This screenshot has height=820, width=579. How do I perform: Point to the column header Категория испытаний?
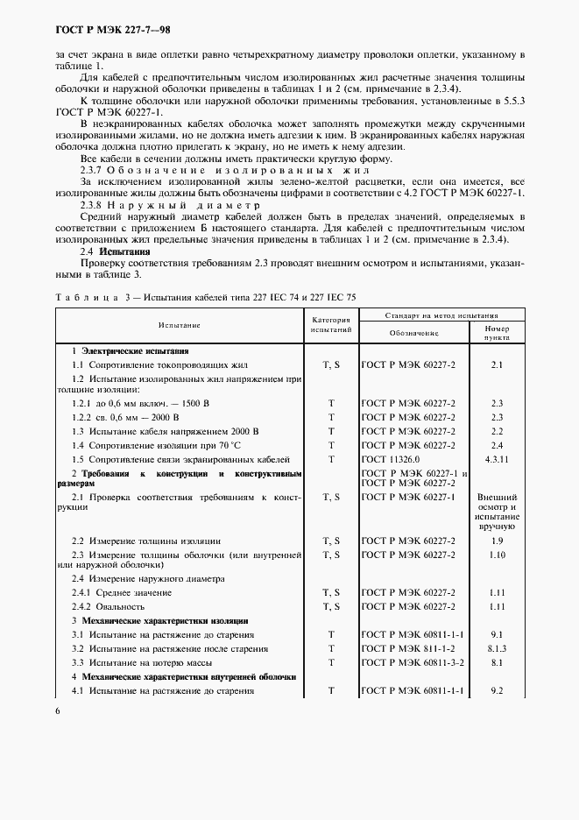click(x=332, y=325)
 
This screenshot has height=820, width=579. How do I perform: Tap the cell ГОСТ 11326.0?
click(x=391, y=459)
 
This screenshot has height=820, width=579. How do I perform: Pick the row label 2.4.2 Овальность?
click(x=109, y=606)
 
